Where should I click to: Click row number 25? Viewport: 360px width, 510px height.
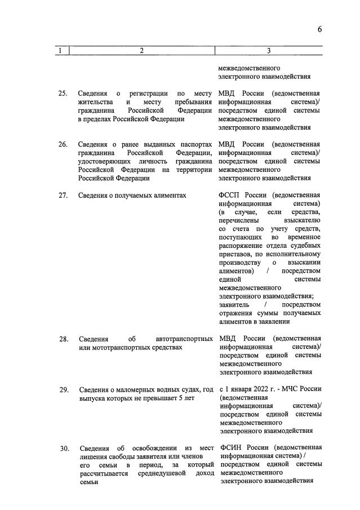pyautogui.click(x=64, y=93)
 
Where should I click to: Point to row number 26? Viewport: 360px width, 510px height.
pyautogui.click(x=64, y=144)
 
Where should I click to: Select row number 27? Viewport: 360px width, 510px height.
pyautogui.click(x=64, y=195)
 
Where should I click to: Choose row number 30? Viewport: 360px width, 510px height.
pyautogui.click(x=64, y=449)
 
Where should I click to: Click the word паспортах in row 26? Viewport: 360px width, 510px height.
pyautogui.click(x=197, y=144)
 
